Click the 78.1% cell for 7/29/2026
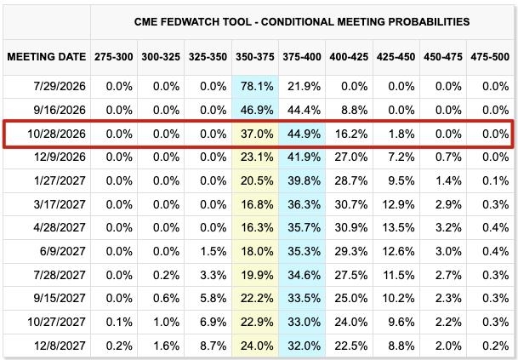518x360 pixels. pos(257,87)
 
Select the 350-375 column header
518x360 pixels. pos(254,57)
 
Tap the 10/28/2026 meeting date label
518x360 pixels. pos(56,134)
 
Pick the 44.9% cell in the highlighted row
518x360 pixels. pos(304,134)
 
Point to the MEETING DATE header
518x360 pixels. pos(47,57)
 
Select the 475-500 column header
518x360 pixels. pos(490,57)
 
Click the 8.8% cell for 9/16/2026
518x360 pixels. pos(355,110)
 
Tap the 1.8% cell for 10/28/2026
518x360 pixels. pos(401,134)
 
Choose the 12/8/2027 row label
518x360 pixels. pos(60,346)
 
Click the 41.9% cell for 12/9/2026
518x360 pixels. pos(304,157)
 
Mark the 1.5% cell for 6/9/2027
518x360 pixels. pos(213,251)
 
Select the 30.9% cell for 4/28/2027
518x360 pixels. pos(350,228)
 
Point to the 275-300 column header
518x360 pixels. pos(114,57)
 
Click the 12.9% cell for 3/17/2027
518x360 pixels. pos(398,204)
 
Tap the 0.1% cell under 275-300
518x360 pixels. pos(119,322)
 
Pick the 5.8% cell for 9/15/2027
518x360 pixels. pos(213,298)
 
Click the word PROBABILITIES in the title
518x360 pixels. pos(429,22)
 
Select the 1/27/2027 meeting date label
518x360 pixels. pos(60,180)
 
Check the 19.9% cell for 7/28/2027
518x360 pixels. pos(257,275)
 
